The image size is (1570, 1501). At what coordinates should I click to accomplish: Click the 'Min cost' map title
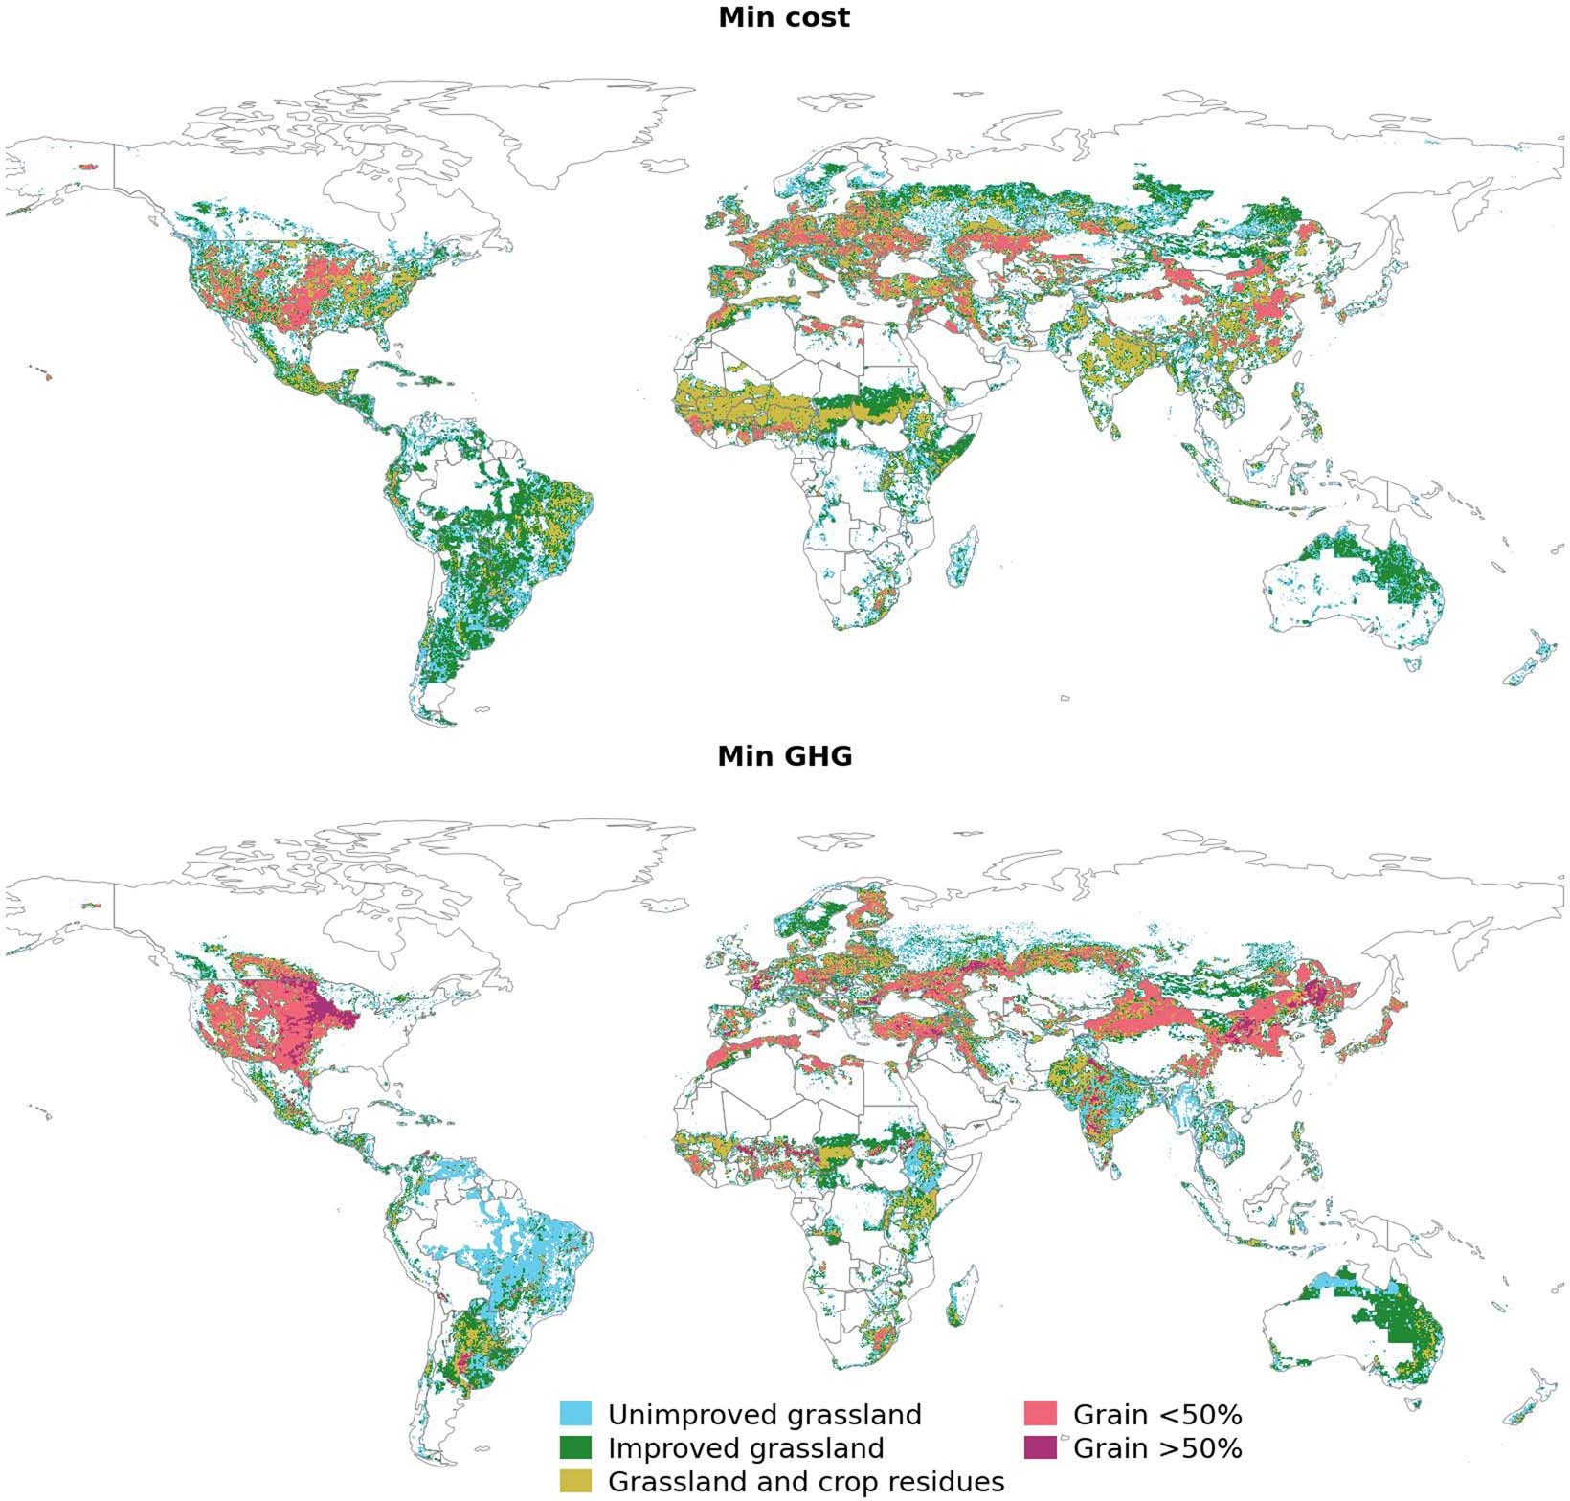click(784, 17)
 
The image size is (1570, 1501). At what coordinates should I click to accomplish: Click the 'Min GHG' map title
click(784, 757)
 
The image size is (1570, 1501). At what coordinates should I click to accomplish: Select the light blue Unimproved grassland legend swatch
click(576, 1414)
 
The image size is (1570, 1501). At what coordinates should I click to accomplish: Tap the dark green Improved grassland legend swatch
click(576, 1446)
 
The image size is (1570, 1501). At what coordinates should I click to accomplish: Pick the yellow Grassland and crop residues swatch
click(576, 1480)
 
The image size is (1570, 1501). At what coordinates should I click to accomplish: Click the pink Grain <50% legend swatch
click(1041, 1414)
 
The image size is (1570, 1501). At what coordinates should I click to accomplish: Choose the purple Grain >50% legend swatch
click(1041, 1446)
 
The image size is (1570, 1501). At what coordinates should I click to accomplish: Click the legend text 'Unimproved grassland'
click(764, 1415)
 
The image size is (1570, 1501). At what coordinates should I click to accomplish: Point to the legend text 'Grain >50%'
click(1156, 1447)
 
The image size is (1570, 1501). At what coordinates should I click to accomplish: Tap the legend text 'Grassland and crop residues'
click(805, 1481)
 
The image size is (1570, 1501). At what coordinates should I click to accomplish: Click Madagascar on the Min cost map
click(961, 558)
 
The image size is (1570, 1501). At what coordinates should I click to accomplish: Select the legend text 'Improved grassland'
click(745, 1447)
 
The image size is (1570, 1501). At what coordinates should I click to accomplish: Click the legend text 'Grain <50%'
click(1156, 1415)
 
